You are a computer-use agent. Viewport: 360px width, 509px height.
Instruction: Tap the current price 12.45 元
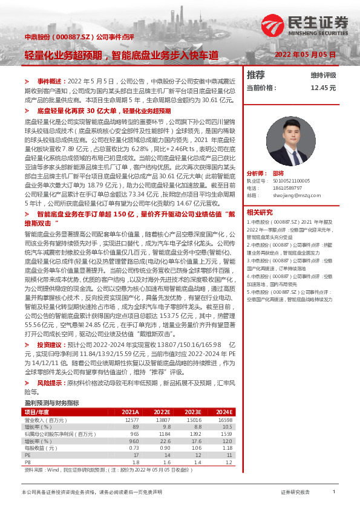point(322,88)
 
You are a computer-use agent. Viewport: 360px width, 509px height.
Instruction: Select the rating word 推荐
point(256,75)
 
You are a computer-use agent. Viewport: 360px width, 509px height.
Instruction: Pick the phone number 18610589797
point(283,188)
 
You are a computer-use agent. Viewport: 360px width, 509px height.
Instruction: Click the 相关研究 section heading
point(260,212)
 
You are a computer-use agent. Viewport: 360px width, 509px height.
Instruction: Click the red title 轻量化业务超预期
point(64,54)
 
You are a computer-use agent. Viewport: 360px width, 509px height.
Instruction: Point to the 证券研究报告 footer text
point(295,493)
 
